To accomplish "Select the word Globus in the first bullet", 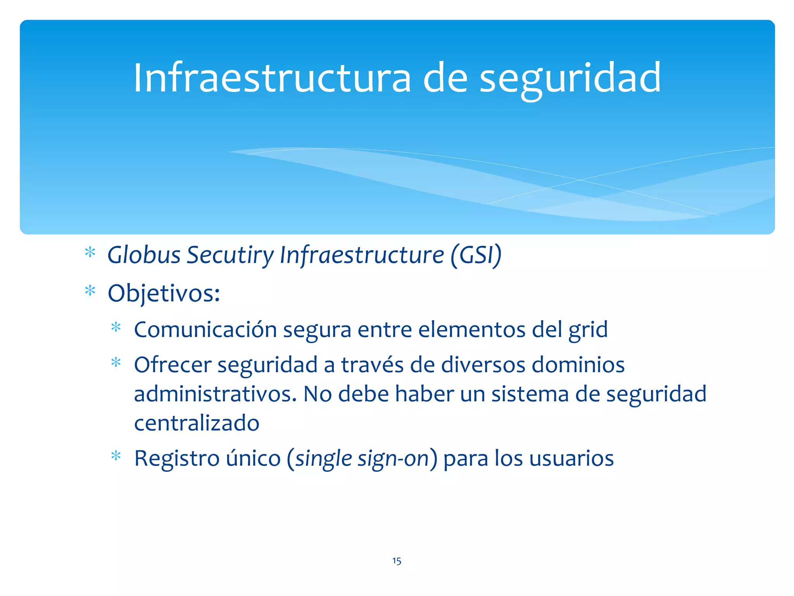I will pos(144,255).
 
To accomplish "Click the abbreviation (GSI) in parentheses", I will pos(476,255).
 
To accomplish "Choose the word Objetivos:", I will pos(164,293).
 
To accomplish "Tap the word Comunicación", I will pos(205,330).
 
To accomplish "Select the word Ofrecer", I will pos(173,365).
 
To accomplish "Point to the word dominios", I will pos(578,365).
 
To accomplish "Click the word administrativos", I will pos(215,394).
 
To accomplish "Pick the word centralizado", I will pos(197,423).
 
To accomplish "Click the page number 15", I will pos(397,561).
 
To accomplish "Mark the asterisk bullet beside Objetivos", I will pos(90,291).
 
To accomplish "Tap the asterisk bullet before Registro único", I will pos(116,456).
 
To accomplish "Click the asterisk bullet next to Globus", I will pos(90,253).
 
